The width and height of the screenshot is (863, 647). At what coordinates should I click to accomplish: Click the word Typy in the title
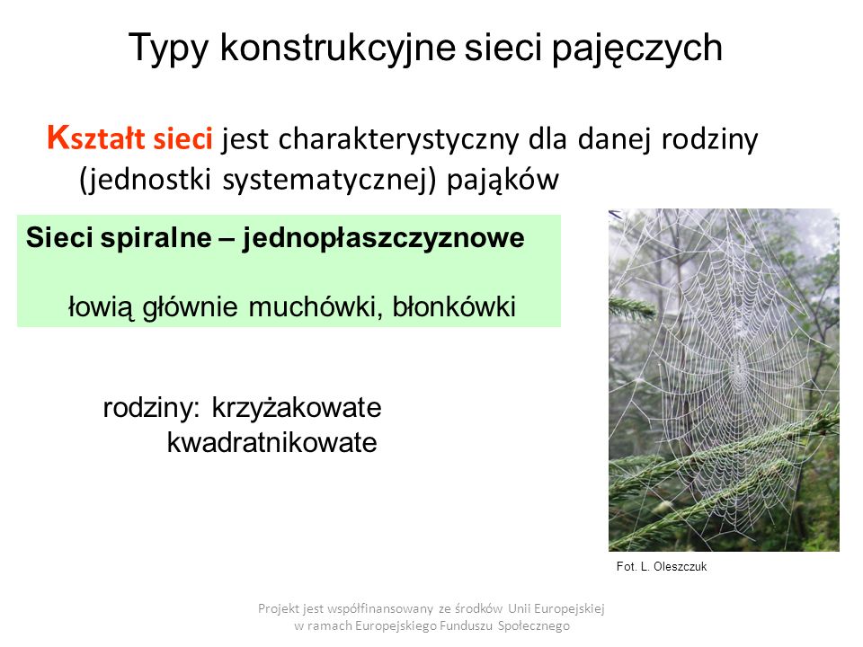(168, 49)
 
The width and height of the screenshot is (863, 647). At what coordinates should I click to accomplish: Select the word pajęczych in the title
(636, 49)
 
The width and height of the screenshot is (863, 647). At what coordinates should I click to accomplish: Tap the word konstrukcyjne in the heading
(337, 48)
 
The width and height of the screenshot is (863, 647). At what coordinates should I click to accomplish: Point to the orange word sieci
(182, 137)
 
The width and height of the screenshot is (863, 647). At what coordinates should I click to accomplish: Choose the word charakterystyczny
(397, 140)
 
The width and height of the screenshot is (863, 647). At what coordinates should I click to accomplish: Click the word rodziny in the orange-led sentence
(709, 140)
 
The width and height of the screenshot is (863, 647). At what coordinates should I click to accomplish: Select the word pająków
(503, 181)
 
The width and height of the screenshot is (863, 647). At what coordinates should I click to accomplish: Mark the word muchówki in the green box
(315, 307)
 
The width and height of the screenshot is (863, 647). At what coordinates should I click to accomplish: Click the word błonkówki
(454, 307)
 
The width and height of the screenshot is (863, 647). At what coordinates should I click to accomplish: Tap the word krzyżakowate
(297, 408)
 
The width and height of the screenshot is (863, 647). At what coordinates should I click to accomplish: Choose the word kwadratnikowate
(271, 442)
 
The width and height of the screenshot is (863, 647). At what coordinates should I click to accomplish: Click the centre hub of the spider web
(737, 366)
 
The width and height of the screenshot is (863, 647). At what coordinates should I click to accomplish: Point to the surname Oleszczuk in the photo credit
(681, 567)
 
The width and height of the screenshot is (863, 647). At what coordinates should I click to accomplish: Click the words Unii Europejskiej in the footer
(556, 608)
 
